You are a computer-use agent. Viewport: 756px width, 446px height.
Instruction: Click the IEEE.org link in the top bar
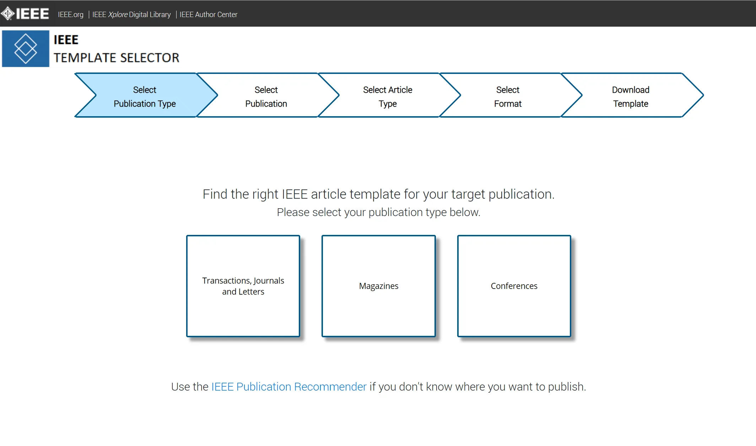[x=71, y=15]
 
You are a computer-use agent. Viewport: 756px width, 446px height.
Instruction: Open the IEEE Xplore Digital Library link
[x=131, y=15]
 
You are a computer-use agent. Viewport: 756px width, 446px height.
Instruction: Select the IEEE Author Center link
[x=209, y=15]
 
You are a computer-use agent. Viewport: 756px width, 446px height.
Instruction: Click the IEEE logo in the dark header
[x=25, y=14]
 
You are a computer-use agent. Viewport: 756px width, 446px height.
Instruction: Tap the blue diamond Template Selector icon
[x=26, y=49]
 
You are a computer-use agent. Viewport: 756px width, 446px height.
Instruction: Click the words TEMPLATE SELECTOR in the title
[x=117, y=58]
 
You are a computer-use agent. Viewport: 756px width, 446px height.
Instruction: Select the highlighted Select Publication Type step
[x=145, y=95]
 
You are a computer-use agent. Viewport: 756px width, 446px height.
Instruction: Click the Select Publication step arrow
[x=266, y=95]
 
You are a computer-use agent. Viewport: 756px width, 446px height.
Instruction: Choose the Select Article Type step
[x=388, y=95]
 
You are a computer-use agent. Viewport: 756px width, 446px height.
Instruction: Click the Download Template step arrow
[x=631, y=95]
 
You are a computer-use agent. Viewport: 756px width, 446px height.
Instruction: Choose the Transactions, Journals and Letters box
[x=243, y=286]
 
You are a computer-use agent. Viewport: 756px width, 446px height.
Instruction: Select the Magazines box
[x=379, y=286]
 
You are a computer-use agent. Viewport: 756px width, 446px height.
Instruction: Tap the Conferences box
[x=514, y=286]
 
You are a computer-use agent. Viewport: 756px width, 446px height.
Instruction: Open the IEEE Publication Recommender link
[x=289, y=387]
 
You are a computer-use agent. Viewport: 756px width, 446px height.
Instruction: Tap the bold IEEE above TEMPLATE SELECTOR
[x=66, y=40]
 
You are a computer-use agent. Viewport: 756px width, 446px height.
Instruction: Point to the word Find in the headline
[x=215, y=194]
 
